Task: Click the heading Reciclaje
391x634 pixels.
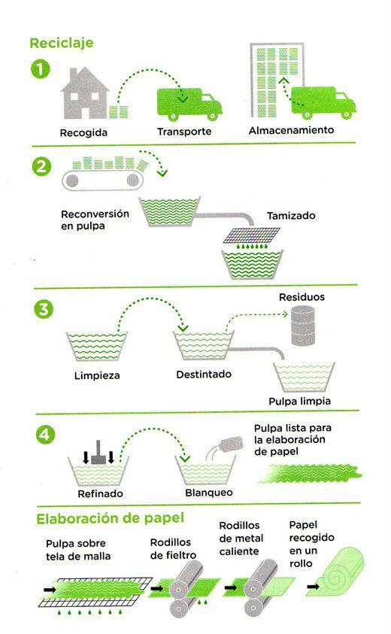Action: point(62,43)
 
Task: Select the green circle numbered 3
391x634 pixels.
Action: point(40,308)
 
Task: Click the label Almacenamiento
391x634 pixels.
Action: point(291,129)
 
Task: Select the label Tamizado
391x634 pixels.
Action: point(291,215)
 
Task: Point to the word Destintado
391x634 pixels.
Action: point(203,374)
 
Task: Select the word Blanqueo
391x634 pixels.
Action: point(208,493)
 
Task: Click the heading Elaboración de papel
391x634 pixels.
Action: point(110,518)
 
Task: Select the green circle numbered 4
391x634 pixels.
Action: point(40,435)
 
